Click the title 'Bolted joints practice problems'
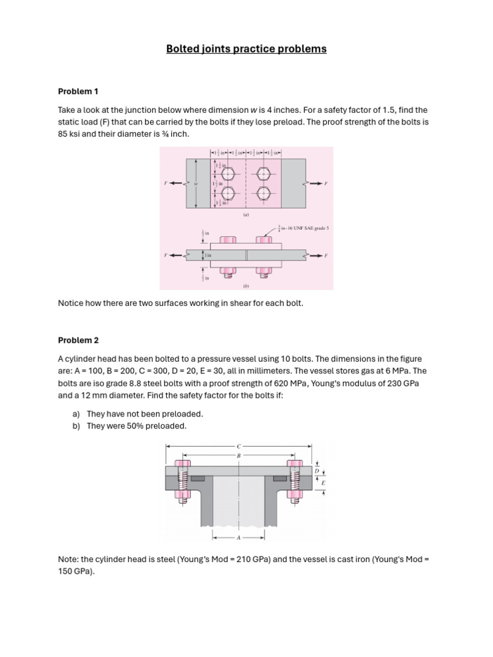[x=246, y=49]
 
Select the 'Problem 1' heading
[x=78, y=91]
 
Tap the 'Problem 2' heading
[x=78, y=340]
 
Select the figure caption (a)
[x=246, y=216]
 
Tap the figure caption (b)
[x=246, y=287]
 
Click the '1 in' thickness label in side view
[x=208, y=255]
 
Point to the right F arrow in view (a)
[x=317, y=183]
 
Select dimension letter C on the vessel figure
[x=239, y=445]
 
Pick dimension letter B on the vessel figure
[x=239, y=456]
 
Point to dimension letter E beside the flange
[x=322, y=482]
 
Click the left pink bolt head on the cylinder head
[x=183, y=463]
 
